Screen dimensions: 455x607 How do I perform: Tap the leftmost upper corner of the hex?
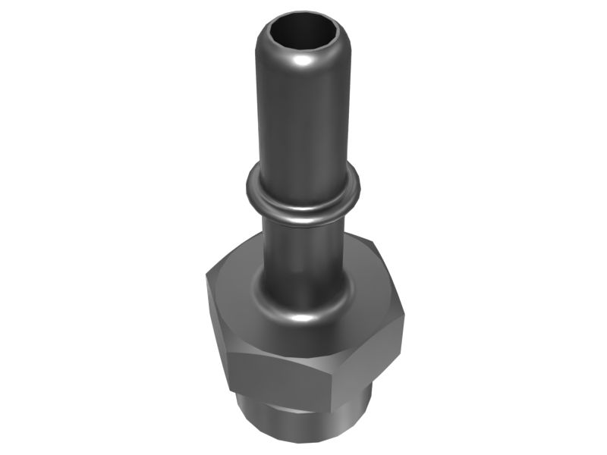coord(206,277)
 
